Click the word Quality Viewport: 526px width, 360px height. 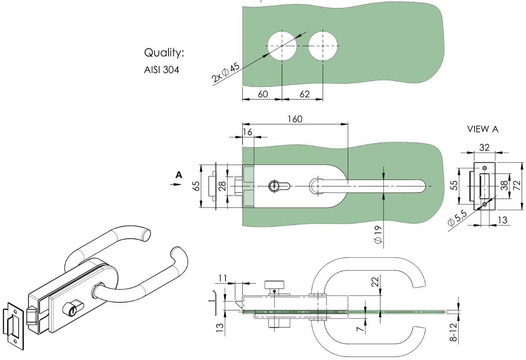164,53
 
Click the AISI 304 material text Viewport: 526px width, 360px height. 162,70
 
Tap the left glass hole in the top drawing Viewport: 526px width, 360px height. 282,46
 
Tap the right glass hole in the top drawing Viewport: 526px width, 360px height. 323,46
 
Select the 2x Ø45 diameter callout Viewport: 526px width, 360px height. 225,72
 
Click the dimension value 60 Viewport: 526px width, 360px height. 263,94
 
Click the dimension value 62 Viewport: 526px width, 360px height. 305,94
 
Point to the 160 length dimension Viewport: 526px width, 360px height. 295,119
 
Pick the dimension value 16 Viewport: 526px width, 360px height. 247,132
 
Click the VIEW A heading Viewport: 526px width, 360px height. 483,129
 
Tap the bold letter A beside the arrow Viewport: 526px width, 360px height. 179,175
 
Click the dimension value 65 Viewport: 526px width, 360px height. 197,186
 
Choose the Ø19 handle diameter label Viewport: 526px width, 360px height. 378,235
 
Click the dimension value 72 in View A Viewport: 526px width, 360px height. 517,186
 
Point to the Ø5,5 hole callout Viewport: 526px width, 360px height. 457,219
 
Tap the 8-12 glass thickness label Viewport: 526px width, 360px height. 454,332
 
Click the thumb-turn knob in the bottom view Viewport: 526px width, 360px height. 274,284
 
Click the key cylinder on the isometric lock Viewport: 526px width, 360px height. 73,307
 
